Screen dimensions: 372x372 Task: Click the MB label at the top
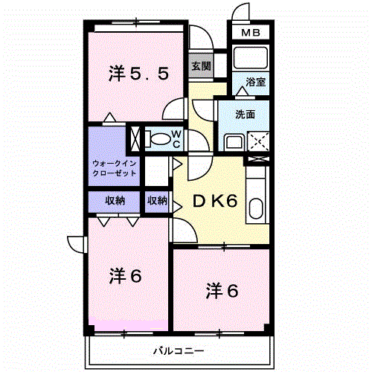251,33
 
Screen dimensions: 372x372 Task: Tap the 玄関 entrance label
201,66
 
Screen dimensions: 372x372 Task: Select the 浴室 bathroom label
255,82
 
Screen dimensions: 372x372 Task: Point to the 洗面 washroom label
245,115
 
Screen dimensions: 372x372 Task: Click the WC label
176,139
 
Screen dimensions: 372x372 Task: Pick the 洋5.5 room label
139,74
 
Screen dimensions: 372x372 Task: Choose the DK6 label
215,201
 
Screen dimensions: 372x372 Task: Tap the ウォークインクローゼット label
115,168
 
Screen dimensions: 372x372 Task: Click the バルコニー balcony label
179,350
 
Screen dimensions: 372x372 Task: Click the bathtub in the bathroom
251,57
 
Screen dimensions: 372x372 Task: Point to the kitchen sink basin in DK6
256,208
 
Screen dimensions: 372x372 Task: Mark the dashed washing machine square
258,141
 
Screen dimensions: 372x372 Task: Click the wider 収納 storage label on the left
115,201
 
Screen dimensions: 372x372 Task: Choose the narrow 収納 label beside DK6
157,201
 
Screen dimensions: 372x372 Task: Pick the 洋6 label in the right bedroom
222,291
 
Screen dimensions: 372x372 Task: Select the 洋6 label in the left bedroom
125,276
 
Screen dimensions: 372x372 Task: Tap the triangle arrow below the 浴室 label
243,91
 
